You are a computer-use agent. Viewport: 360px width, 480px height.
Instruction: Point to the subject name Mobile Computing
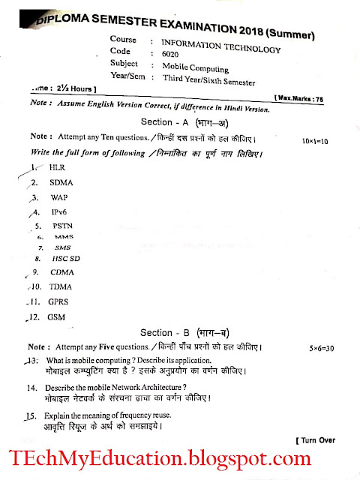[x=187, y=66]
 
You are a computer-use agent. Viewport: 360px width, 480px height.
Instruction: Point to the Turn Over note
[x=315, y=439]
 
